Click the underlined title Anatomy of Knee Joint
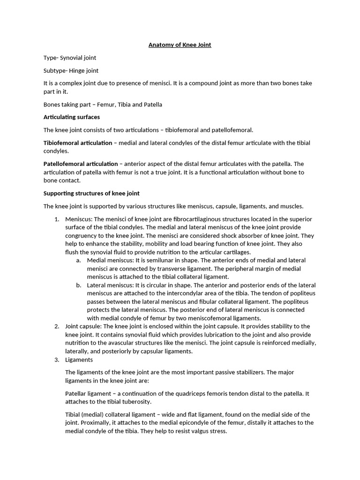coord(180,45)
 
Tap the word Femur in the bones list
coord(107,105)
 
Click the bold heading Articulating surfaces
coord(71,117)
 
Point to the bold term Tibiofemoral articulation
coord(78,143)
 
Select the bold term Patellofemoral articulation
coord(81,164)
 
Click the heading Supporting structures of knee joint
coord(91,193)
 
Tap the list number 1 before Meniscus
coord(56,219)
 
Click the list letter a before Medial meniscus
coord(78,261)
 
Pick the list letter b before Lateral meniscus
coord(78,285)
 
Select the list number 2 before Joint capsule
coord(56,326)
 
